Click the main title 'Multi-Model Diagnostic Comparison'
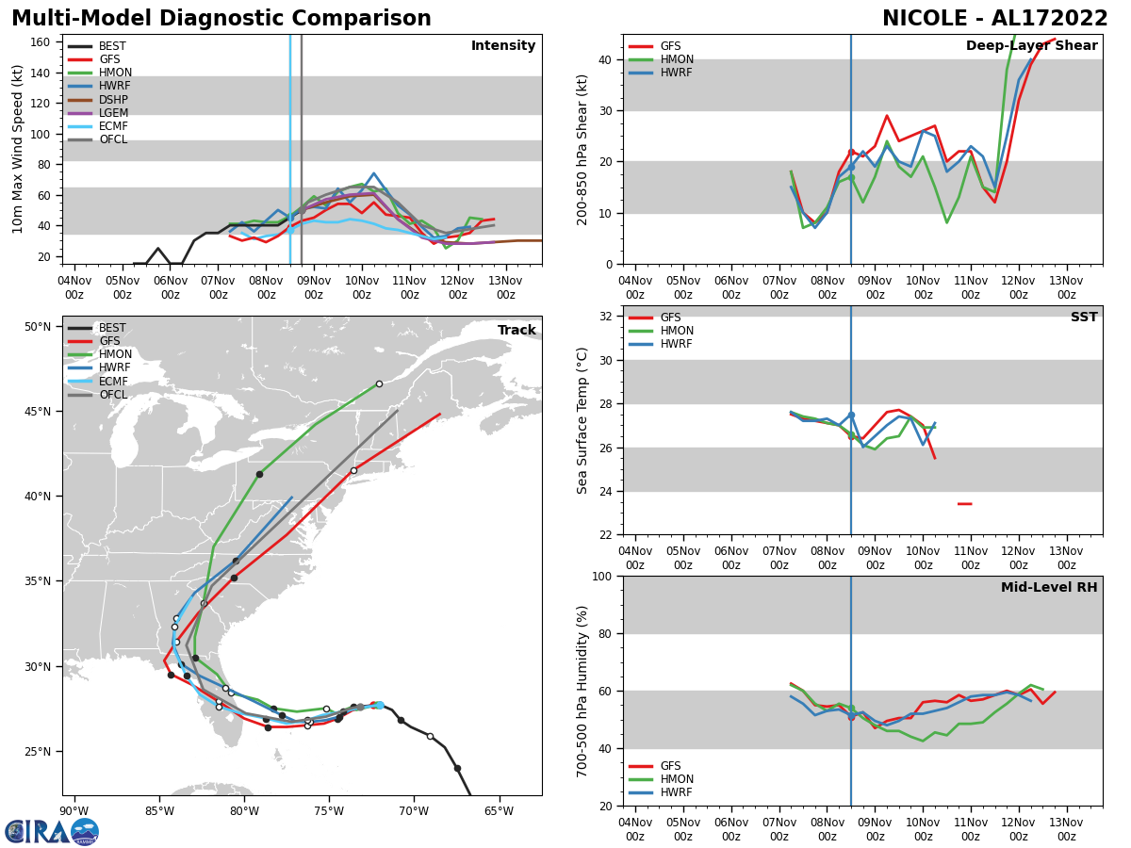tap(221, 19)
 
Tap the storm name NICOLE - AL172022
tap(995, 19)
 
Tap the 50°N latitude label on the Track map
tap(38, 327)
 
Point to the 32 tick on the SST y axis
tap(608, 317)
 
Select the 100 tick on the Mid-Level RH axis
tap(601, 576)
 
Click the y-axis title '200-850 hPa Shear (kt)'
tap(582, 150)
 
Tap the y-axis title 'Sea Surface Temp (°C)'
tap(582, 420)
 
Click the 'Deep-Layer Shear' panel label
tap(1031, 46)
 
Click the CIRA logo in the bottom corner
tap(52, 831)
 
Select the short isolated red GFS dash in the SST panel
tap(964, 504)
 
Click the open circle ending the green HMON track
tap(379, 383)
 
